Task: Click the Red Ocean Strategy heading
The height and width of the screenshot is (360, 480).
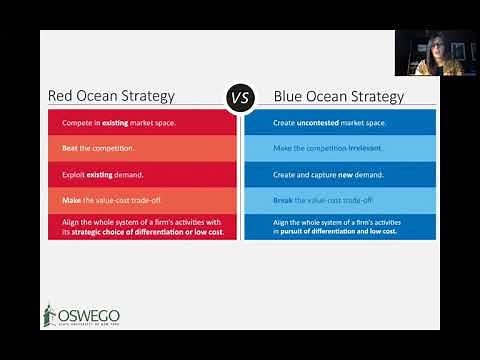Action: tap(112, 97)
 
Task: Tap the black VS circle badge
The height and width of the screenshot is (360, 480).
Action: tap(240, 97)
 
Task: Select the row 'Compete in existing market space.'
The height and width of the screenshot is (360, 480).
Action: tap(142, 122)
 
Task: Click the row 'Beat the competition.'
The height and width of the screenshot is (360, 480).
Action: tap(142, 148)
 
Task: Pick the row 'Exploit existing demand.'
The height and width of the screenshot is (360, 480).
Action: tap(142, 174)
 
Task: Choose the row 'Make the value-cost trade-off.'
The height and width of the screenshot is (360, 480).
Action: tap(142, 200)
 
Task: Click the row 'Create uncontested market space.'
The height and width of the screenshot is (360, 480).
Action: tap(338, 122)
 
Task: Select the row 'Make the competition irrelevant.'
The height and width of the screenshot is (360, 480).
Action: tap(338, 148)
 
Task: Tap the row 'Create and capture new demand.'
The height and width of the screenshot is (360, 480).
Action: tap(338, 174)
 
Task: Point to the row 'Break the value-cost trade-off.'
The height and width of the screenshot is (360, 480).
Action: tap(338, 200)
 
